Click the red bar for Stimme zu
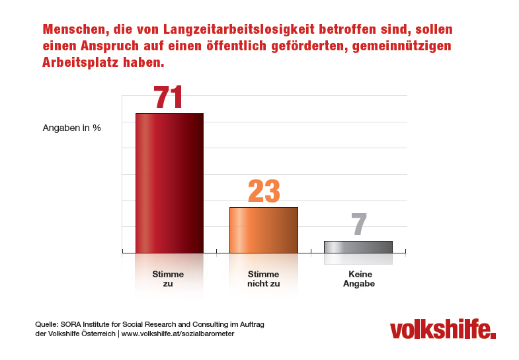169,183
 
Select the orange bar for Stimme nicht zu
263,230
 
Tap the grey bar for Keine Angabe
358,246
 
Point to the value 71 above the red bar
168,97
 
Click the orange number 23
264,192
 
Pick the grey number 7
359,225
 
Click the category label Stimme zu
168,279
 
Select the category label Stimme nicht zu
263,279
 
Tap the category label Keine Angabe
358,279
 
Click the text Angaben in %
71,128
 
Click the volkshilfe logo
442,329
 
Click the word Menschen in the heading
72,30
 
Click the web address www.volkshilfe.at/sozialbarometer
178,334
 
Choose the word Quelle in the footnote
46,324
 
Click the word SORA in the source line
71,324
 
